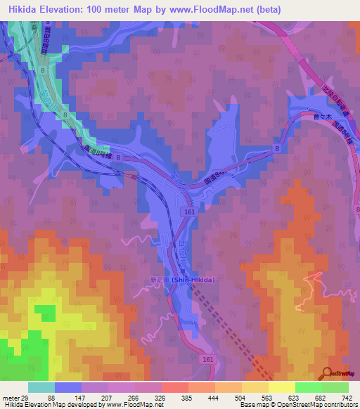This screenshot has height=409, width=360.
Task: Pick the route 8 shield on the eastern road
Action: [278, 149]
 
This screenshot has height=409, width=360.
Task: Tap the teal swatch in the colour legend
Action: [41, 387]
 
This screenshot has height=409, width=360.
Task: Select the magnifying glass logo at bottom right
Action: [327, 373]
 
